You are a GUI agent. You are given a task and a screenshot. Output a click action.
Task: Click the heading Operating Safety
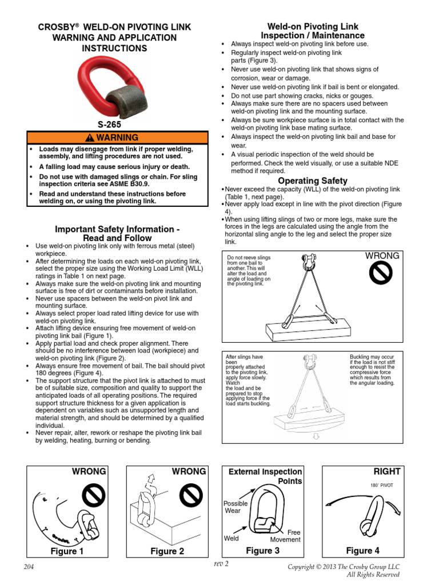coord(313,181)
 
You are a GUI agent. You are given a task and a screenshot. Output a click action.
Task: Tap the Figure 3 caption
coord(262,551)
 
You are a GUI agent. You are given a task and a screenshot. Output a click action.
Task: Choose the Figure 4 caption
coord(363,551)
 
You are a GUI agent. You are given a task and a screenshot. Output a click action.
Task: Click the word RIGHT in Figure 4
coord(387,472)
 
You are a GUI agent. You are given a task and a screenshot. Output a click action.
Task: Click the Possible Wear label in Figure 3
coord(236,507)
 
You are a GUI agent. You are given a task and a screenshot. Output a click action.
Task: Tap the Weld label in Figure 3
coord(232,538)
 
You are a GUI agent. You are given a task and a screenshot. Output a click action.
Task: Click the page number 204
coord(29,566)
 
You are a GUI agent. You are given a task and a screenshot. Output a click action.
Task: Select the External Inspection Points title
coord(265,476)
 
